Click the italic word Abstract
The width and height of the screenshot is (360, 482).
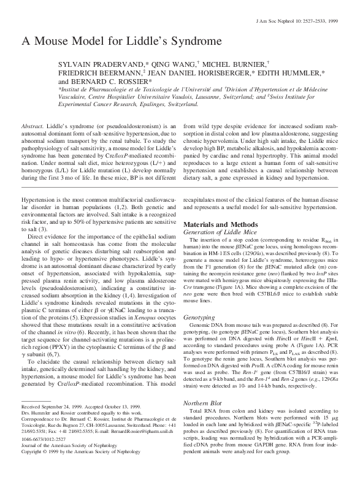coord(32,124)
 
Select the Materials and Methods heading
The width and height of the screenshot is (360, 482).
coord(219,225)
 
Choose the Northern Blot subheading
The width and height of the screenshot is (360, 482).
coord(202,402)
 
